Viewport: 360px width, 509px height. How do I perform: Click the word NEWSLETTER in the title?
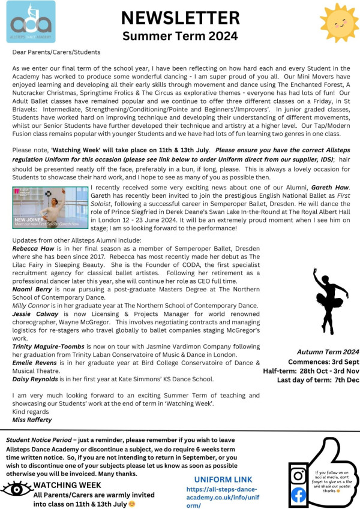pyautogui.click(x=179, y=17)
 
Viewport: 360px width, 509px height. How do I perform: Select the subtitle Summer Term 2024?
pyautogui.click(x=179, y=35)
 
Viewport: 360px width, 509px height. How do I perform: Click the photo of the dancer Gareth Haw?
pyautogui.click(x=50, y=207)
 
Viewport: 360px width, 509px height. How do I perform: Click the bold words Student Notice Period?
pyautogui.click(x=40, y=439)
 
